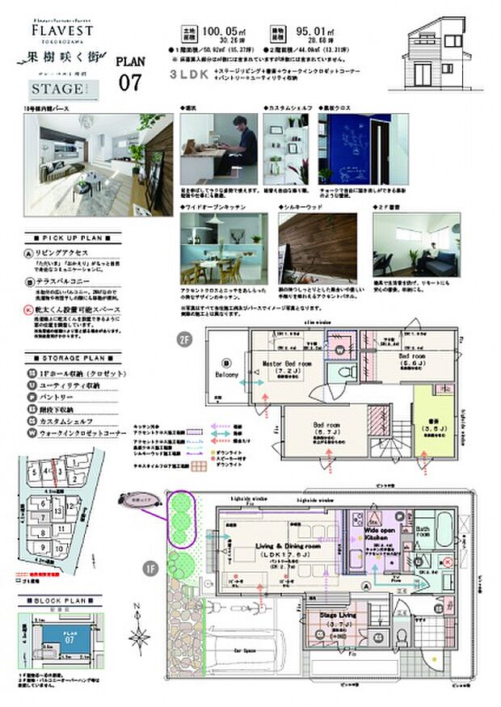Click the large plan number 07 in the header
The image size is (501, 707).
tap(130, 82)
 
